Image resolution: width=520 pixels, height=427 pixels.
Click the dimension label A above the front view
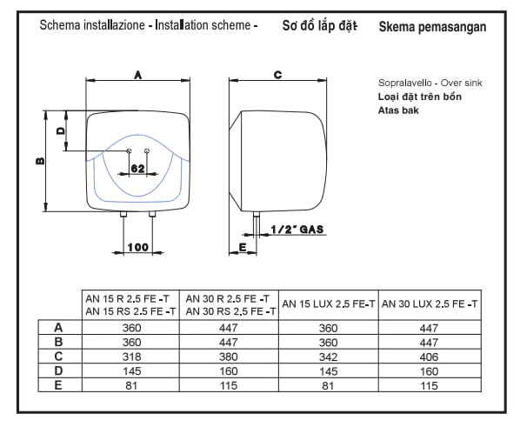(138, 75)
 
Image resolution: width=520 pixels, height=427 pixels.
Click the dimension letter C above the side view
(278, 75)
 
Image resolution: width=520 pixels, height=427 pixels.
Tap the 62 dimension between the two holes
(138, 169)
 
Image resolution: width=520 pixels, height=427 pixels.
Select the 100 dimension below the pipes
(138, 247)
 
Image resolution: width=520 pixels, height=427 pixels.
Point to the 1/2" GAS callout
(297, 230)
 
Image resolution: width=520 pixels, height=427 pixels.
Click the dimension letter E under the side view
(243, 248)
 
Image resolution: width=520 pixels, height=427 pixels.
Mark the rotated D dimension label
(61, 131)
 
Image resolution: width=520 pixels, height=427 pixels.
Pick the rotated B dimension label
(40, 161)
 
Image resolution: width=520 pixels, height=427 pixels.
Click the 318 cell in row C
(131, 357)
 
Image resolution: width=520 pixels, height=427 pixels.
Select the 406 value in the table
(430, 357)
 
